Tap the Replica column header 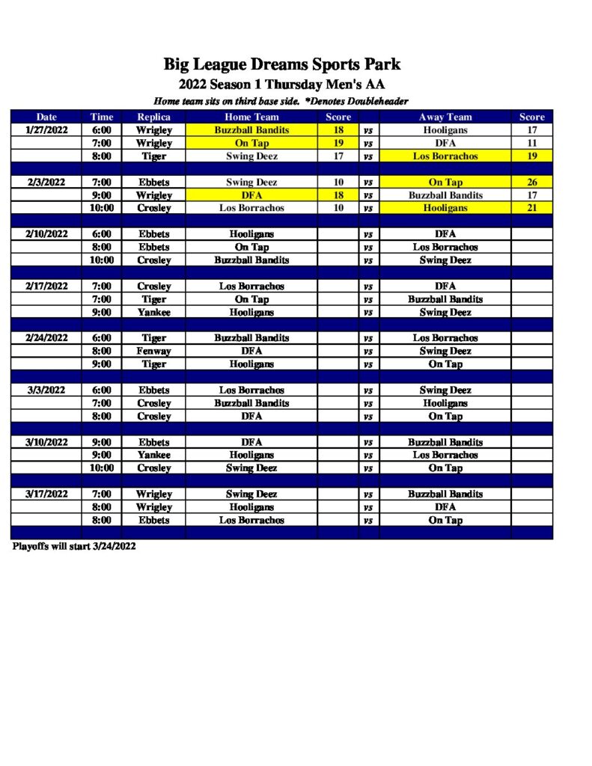point(153,117)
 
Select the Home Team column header point(251,117)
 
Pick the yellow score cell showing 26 point(531,182)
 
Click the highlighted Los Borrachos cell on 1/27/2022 point(445,156)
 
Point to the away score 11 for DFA point(531,143)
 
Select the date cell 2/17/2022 point(46,286)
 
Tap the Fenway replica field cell point(153,351)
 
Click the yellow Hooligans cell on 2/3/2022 point(445,208)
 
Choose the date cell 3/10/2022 point(46,442)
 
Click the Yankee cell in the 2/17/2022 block point(153,312)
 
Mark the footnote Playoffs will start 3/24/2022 point(74,547)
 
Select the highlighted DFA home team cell point(251,195)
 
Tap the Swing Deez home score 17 point(338,156)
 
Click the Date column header point(46,117)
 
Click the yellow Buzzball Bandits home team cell point(251,129)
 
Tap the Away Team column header point(445,117)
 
